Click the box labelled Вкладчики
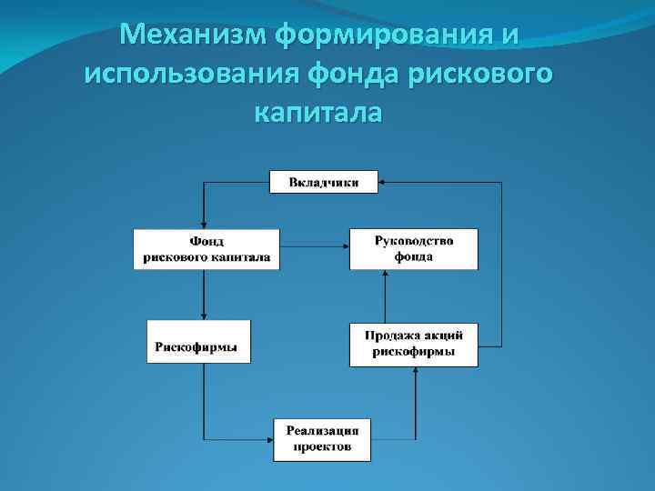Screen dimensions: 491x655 pos(324,182)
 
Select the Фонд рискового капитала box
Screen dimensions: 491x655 pos(207,249)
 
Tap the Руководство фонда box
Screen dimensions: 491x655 pos(414,248)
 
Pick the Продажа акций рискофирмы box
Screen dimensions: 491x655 pos(414,345)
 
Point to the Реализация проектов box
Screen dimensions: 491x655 pos(322,438)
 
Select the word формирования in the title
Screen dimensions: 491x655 pos(376,35)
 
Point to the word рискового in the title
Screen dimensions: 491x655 pos(487,74)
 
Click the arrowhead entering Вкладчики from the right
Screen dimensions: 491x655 pos(382,183)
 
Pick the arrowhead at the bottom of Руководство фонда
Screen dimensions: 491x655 pos(385,274)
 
